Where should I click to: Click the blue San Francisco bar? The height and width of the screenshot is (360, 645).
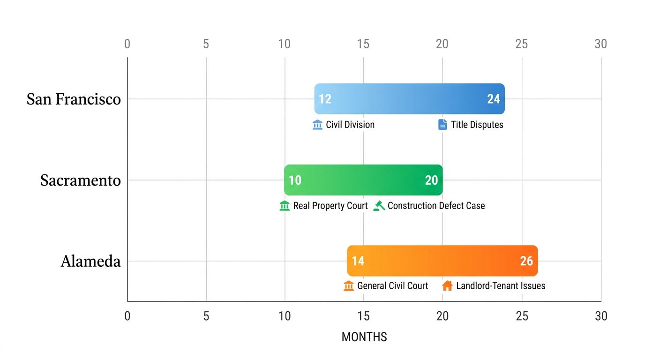tap(409, 99)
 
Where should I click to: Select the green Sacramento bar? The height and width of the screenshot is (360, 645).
tap(363, 180)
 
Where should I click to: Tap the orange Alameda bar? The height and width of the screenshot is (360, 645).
tap(442, 261)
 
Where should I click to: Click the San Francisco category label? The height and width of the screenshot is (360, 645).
tap(74, 99)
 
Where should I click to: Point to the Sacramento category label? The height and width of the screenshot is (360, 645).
tap(80, 180)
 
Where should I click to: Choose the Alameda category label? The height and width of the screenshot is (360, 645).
tap(90, 261)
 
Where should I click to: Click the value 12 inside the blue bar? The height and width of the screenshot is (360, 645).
tap(325, 99)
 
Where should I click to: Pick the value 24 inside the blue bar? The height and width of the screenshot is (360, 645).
tap(493, 99)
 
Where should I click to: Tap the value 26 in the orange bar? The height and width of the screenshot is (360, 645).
tap(526, 261)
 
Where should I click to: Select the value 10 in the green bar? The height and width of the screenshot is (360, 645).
tap(295, 180)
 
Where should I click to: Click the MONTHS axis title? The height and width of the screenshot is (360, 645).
tap(364, 337)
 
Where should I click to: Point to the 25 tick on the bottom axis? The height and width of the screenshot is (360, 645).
tap(522, 316)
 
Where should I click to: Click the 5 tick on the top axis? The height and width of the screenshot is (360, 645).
tap(206, 44)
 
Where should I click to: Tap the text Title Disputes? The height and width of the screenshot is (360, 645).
tap(477, 125)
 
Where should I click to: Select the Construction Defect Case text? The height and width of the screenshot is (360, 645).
tap(436, 206)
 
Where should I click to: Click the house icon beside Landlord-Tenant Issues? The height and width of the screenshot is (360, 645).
tap(447, 285)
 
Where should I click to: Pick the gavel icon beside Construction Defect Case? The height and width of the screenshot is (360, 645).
tap(379, 206)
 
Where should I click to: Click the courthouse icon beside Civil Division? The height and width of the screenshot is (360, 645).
tap(317, 125)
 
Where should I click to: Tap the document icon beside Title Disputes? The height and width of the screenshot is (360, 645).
tap(442, 125)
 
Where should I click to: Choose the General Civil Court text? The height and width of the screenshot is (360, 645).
tap(392, 285)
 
